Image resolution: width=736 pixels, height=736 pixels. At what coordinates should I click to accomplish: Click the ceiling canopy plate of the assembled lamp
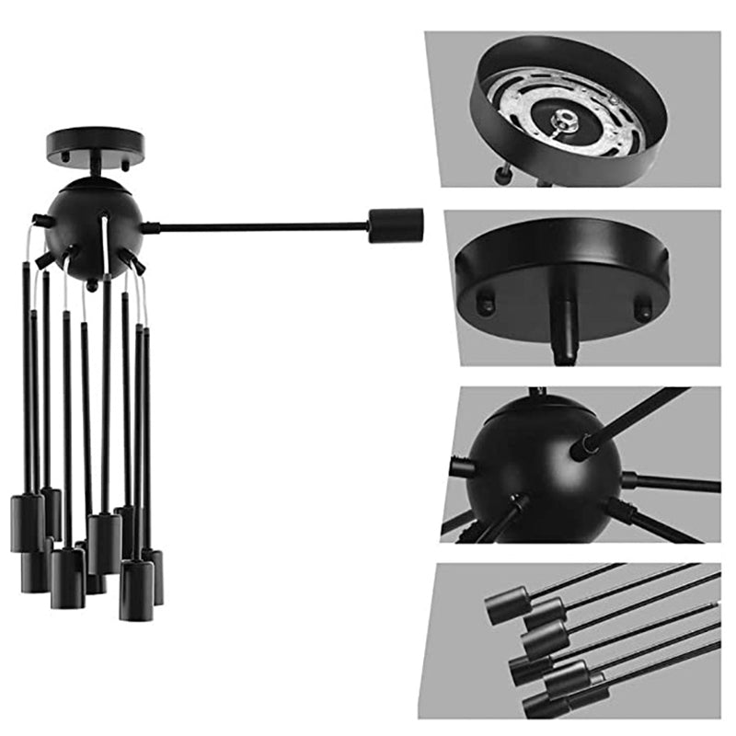click(96, 141)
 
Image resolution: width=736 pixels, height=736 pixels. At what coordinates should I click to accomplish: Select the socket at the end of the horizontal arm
click(396, 225)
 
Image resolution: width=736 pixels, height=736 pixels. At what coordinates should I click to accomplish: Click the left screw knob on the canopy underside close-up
click(485, 301)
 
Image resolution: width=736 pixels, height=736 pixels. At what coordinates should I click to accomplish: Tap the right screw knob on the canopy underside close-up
click(643, 307)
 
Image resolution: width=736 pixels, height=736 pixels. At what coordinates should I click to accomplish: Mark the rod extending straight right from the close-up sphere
click(672, 482)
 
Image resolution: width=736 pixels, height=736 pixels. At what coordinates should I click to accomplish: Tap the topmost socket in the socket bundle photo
click(506, 605)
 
